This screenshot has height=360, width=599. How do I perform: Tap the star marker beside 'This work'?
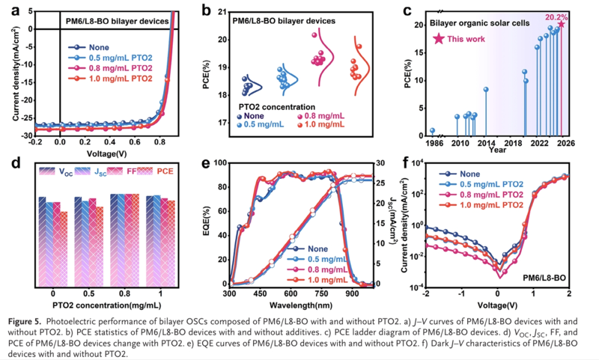click(438, 38)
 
